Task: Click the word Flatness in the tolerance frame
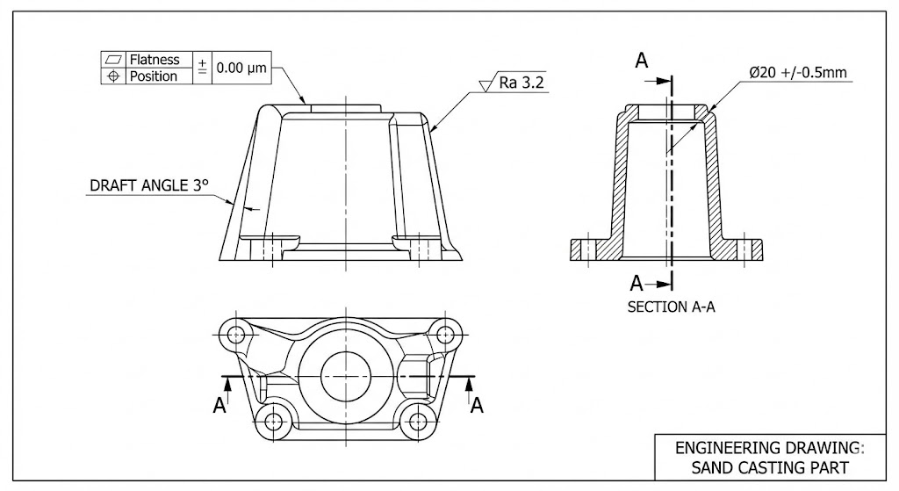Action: (155, 60)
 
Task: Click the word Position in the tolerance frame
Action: (154, 76)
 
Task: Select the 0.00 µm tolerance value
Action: (241, 68)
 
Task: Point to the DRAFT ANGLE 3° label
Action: (150, 186)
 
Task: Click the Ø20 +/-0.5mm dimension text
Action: (798, 73)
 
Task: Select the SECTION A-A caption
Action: (671, 307)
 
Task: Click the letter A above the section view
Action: (642, 61)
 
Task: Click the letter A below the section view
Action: (638, 283)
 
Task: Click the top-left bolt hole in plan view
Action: (234, 334)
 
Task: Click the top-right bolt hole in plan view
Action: (444, 334)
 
